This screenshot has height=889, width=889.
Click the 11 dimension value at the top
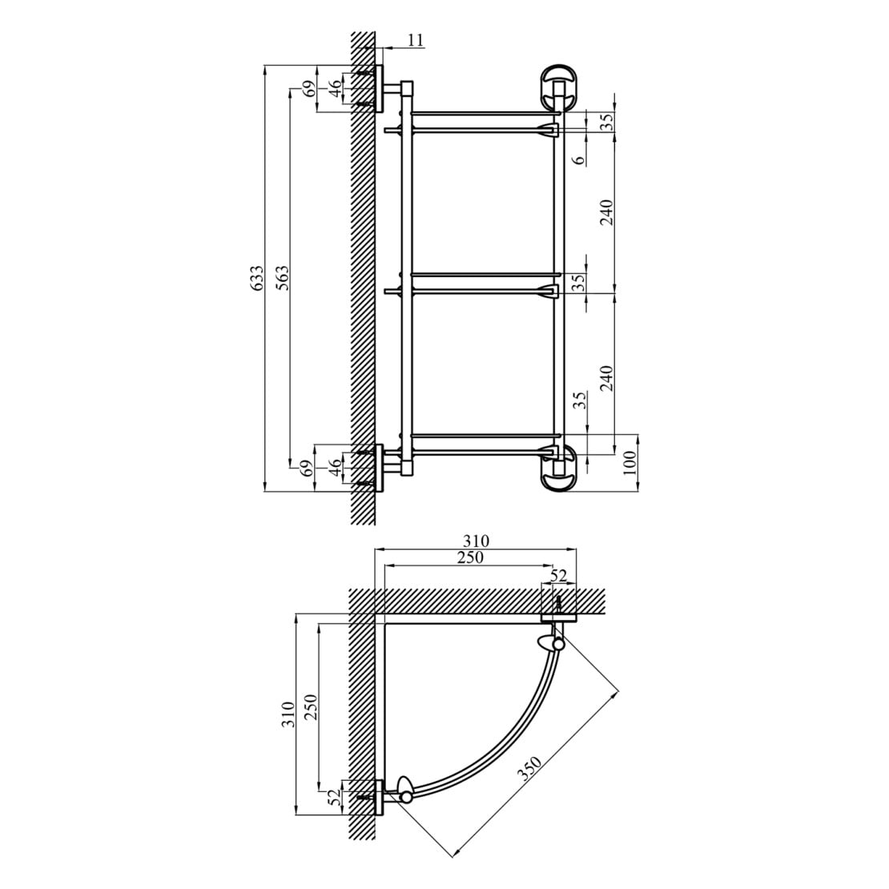416,40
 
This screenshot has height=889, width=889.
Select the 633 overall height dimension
257,279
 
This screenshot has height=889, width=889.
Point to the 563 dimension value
283,278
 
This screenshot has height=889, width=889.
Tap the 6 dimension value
578,159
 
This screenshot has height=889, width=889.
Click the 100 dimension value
630,463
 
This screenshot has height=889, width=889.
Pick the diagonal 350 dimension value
531,769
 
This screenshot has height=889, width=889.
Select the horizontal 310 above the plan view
475,541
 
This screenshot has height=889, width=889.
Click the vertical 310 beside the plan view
288,714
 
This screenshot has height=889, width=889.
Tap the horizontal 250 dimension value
471,558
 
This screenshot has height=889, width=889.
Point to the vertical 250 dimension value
312,706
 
